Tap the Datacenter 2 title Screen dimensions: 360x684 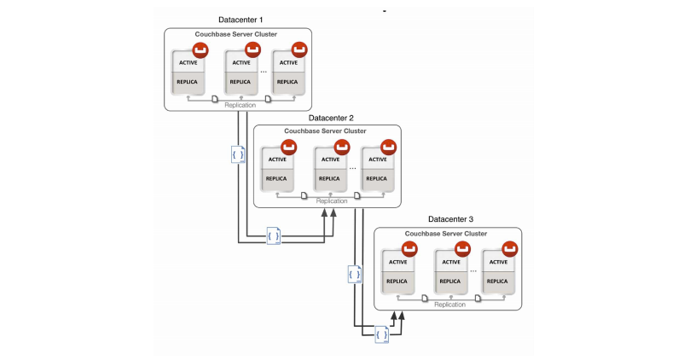tap(327, 118)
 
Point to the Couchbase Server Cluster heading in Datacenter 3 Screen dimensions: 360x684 tap(446, 233)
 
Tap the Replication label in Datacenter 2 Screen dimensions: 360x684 tap(332, 201)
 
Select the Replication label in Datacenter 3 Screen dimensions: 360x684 tap(449, 304)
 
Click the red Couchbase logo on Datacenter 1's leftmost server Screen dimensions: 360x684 tap(201, 49)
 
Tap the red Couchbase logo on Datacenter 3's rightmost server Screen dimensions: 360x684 tap(511, 248)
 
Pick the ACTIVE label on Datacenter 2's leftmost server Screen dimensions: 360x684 tap(277, 160)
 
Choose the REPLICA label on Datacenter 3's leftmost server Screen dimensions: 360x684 tap(397, 281)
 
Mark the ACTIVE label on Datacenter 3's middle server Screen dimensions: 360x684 tap(449, 262)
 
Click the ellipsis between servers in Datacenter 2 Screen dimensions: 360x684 tap(352, 168)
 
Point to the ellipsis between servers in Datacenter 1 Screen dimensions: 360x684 tap(264, 72)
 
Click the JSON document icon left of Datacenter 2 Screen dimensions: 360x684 tap(240, 154)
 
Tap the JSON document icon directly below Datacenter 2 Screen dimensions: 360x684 tap(274, 235)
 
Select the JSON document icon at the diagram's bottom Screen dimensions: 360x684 tap(381, 334)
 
